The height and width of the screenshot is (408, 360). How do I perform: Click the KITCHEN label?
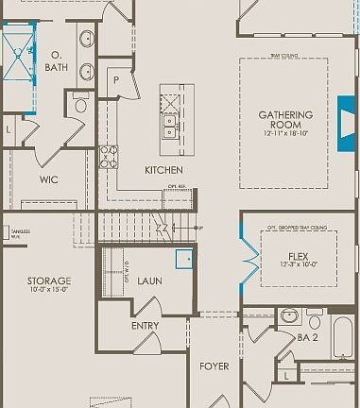pos(163,170)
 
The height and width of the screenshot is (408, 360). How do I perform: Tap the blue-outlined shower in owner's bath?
pos(17,55)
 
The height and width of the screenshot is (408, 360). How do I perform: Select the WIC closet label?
pos(49,178)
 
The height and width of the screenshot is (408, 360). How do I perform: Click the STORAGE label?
pos(48,280)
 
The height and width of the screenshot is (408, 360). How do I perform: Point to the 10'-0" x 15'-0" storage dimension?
pos(48,292)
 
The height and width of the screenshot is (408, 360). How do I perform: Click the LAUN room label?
pos(150,280)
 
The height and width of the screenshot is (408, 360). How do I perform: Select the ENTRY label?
pos(146,326)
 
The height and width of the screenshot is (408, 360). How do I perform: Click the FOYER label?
pos(214,365)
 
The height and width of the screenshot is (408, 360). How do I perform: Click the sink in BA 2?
pos(289,315)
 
